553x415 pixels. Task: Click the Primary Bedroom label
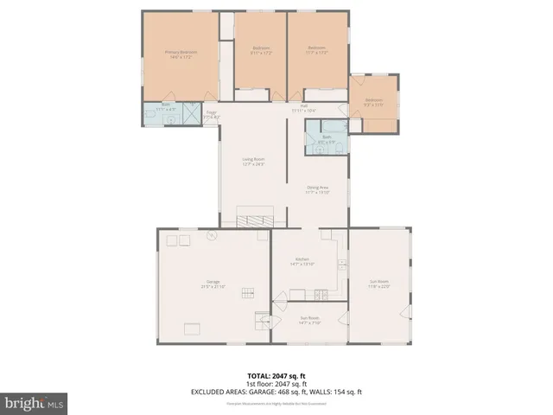181,54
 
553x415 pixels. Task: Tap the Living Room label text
253,161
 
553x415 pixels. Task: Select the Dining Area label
318,189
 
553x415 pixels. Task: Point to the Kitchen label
302,261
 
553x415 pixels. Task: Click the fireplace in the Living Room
255,217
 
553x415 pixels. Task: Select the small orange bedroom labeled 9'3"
374,102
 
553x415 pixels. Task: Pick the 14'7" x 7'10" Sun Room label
309,320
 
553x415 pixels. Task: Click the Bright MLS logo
35,402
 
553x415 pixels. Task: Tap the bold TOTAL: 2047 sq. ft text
276,376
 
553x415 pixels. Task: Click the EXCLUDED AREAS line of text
276,392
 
